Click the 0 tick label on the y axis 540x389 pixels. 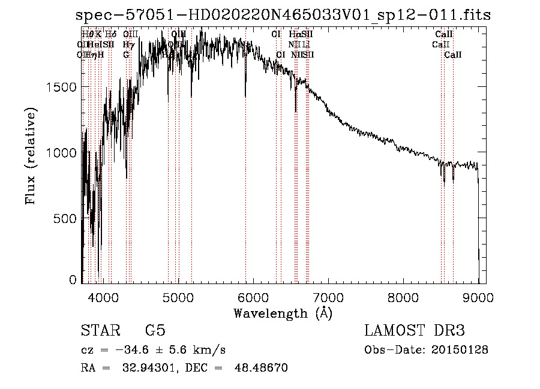[x=73, y=279]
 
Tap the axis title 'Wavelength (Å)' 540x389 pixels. [x=282, y=313]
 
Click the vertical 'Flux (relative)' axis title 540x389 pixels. [x=31, y=155]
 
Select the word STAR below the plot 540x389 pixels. [x=100, y=331]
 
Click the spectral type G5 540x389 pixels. [x=155, y=331]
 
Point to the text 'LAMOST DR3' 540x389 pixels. [x=415, y=331]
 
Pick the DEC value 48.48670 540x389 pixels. [x=262, y=367]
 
